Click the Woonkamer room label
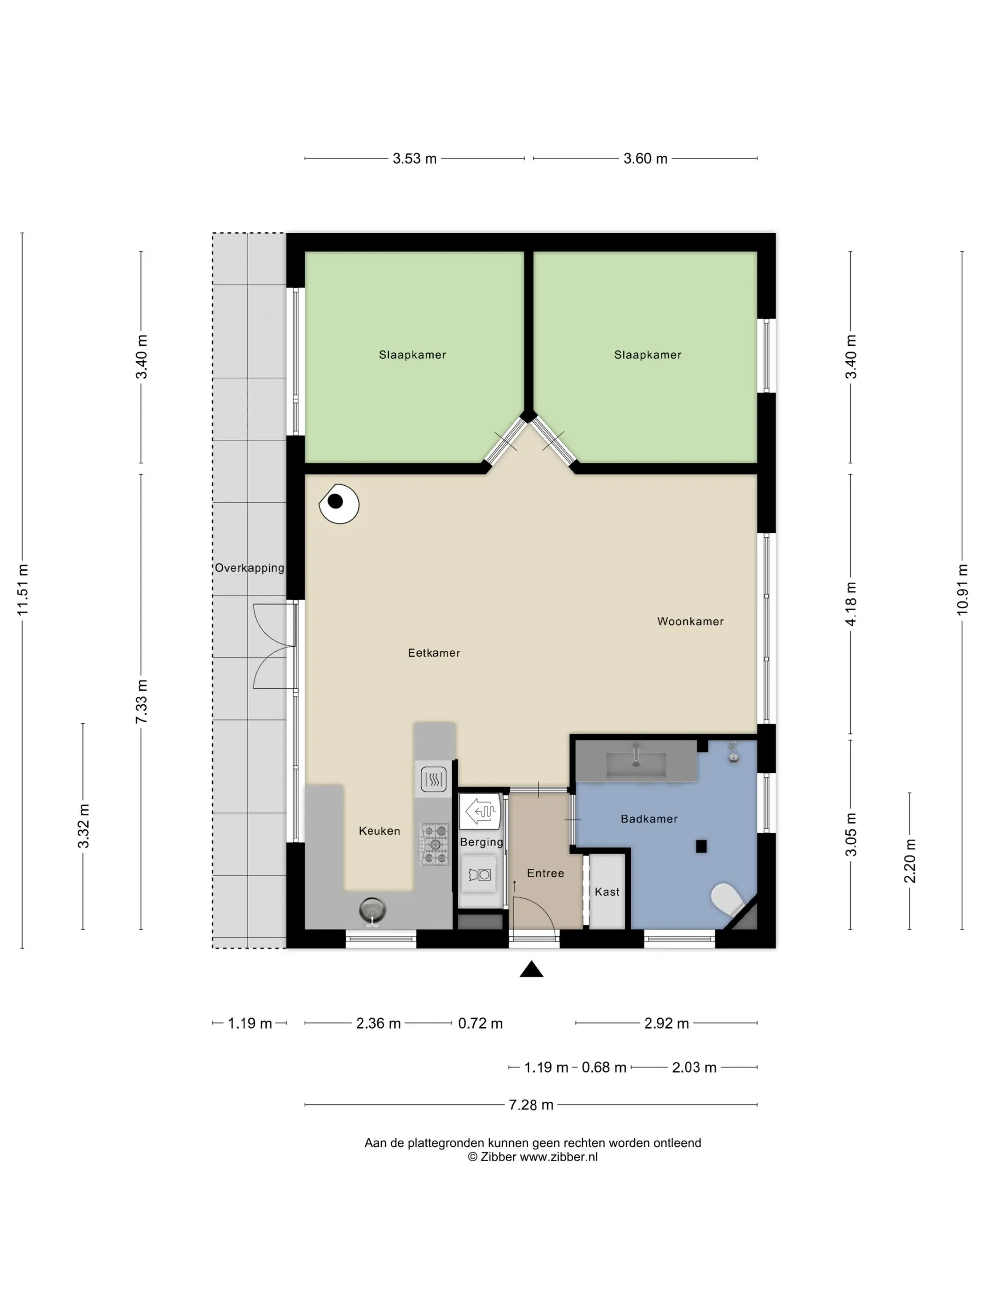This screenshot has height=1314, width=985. tap(690, 621)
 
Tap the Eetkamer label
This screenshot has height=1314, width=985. tap(433, 653)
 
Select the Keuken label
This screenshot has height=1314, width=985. tap(379, 831)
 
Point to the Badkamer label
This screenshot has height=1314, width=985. tap(649, 818)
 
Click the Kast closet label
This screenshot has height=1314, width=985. tap(607, 892)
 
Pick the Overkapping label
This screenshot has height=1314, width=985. tap(250, 568)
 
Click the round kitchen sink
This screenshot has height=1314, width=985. tap(372, 909)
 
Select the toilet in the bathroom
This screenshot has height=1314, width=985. tap(727, 899)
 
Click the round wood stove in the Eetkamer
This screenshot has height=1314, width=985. tap(339, 504)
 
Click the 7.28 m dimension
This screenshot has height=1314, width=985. tap(531, 1104)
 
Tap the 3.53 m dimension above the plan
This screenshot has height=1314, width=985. tap(415, 159)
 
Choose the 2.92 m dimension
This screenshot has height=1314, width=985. tap(666, 1023)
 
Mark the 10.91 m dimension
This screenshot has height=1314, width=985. tap(962, 589)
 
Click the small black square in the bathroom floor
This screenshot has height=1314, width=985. tap(701, 847)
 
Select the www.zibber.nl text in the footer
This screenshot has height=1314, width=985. tap(559, 1157)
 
